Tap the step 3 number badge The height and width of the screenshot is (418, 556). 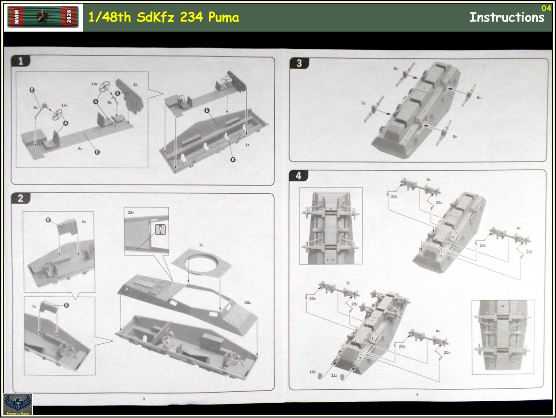(x=299, y=63)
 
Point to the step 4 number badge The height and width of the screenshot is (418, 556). (x=299, y=176)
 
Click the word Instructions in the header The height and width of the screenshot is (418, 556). (x=507, y=18)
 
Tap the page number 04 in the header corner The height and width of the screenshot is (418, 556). (x=546, y=8)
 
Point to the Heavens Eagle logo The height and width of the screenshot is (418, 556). (x=18, y=404)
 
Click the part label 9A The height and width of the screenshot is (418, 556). (x=35, y=108)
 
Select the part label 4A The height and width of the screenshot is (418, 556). (x=80, y=149)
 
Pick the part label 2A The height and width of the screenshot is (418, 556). (x=135, y=84)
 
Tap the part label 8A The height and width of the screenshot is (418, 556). (x=110, y=102)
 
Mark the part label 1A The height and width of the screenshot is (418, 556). (x=247, y=144)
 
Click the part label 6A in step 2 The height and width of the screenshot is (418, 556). (x=84, y=221)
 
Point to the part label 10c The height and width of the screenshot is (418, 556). (x=313, y=372)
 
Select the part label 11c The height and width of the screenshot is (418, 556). (x=333, y=375)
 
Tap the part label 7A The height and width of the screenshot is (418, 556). (x=34, y=306)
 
